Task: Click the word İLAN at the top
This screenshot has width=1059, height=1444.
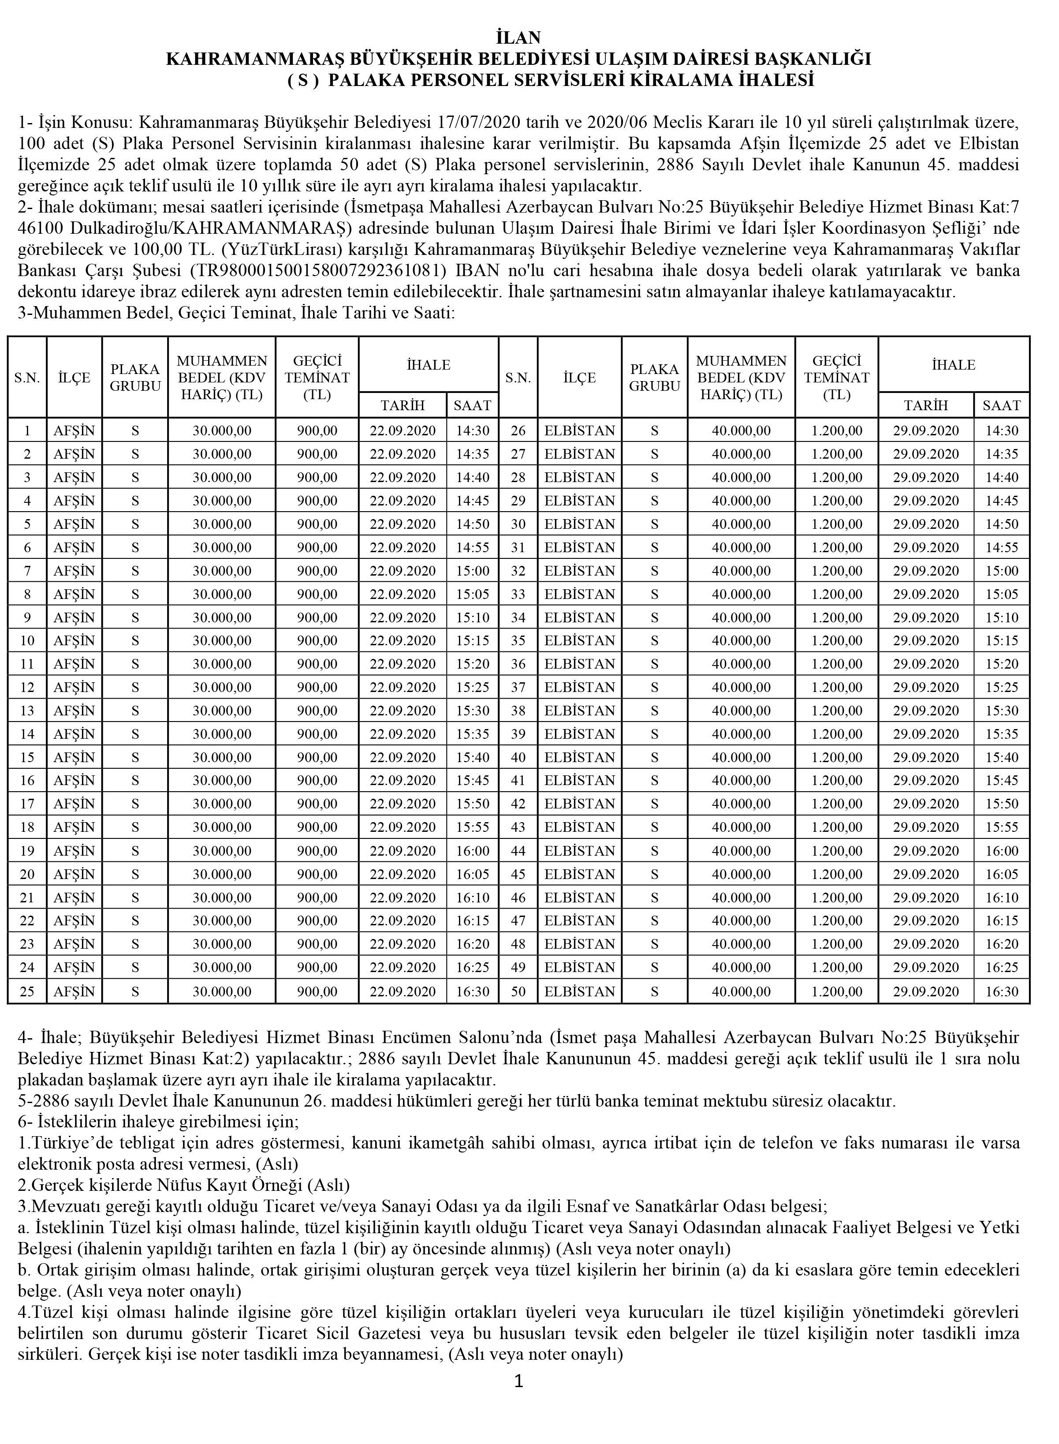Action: tap(518, 37)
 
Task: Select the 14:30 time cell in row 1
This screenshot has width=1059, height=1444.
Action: tap(473, 431)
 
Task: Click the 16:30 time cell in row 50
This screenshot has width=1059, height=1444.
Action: tap(1002, 991)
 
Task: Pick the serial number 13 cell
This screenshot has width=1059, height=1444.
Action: tap(27, 711)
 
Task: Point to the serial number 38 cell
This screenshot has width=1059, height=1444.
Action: tap(518, 711)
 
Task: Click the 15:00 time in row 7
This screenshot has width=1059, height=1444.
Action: tap(473, 571)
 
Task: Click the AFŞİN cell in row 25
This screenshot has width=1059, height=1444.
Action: tap(75, 991)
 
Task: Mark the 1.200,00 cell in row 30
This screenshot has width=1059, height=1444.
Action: tap(836, 524)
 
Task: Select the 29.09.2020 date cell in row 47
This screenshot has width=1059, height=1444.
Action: tap(926, 921)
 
